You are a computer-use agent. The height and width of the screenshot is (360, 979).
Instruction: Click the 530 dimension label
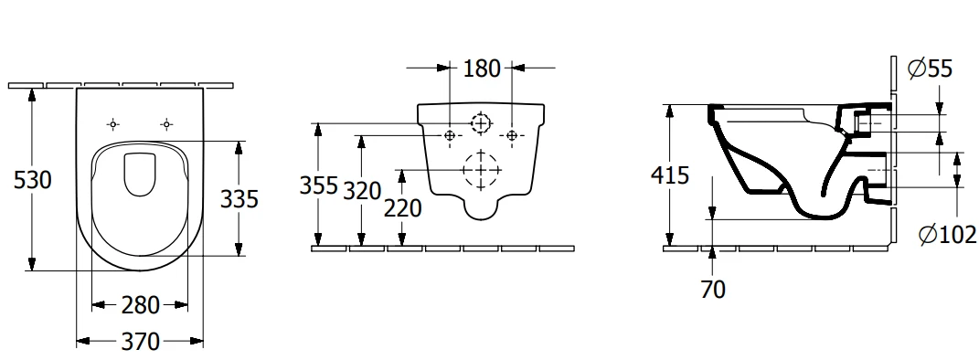(x=32, y=180)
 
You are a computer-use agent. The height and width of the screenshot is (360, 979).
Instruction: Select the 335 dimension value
(x=239, y=199)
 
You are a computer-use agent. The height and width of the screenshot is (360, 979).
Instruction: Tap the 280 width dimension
(x=141, y=305)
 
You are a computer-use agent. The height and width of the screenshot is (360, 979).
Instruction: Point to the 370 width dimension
(x=141, y=342)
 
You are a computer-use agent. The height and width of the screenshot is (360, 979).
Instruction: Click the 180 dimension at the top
(x=482, y=68)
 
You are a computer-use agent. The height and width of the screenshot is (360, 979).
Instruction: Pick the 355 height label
(x=318, y=185)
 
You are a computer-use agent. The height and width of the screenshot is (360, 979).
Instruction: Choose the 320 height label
(x=362, y=191)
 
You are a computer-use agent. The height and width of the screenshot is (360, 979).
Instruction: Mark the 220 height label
(x=403, y=208)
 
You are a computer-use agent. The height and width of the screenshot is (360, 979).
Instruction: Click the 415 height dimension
(x=670, y=175)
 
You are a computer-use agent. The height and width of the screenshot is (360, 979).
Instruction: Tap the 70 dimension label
(x=713, y=290)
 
